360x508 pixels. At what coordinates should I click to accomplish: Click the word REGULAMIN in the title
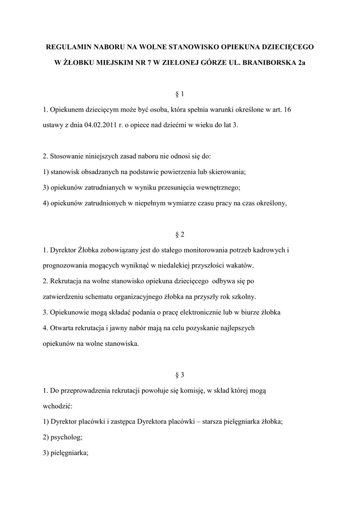click(x=68, y=48)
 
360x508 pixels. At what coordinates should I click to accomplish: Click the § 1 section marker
click(x=180, y=94)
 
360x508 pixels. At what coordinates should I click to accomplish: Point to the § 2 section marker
click(x=180, y=234)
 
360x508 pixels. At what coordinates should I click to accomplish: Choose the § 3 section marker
click(x=180, y=375)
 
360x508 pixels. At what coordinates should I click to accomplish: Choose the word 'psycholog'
click(x=67, y=438)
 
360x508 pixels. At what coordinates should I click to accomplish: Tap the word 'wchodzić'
click(x=58, y=406)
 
